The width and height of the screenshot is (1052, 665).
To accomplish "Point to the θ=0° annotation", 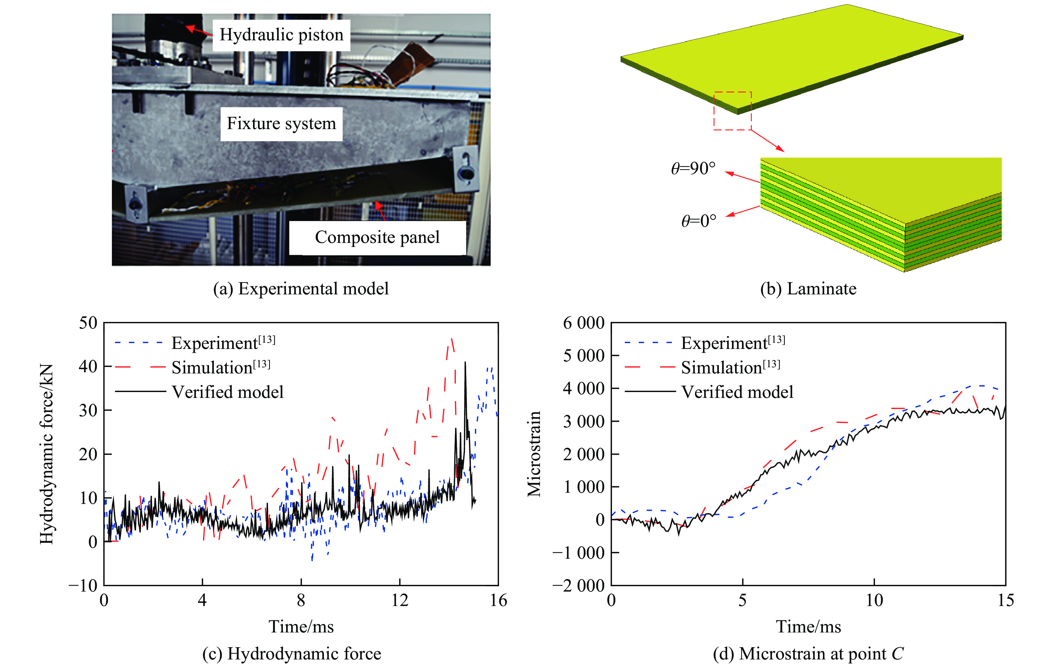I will [x=699, y=221].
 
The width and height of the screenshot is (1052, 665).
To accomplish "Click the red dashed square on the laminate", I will [x=733, y=111].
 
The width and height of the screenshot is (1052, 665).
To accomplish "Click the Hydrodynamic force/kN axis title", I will [x=47, y=454].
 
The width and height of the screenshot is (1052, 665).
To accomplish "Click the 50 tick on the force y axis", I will [x=88, y=323].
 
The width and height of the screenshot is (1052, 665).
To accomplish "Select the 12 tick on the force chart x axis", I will [x=399, y=600].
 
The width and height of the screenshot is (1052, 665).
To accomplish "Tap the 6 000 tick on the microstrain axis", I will [x=583, y=323].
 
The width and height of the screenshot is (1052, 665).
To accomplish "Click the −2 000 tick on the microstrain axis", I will [x=578, y=585].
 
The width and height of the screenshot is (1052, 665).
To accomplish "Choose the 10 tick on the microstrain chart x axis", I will [x=874, y=600].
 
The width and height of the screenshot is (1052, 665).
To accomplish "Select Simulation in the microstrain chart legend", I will [x=730, y=368].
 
